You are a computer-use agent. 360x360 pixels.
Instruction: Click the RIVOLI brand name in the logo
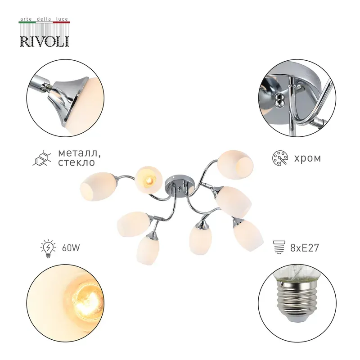pyautogui.click(x=44, y=41)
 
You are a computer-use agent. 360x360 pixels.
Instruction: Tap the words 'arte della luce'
pyautogui.click(x=44, y=19)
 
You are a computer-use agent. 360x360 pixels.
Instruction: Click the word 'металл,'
pyautogui.click(x=79, y=153)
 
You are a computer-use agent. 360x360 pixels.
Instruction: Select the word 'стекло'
pyautogui.click(x=76, y=162)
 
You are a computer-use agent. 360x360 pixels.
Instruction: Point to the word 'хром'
pyautogui.click(x=307, y=158)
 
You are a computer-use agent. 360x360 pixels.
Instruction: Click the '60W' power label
pyautogui.click(x=71, y=248)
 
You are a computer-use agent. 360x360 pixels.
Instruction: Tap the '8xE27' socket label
pyautogui.click(x=305, y=248)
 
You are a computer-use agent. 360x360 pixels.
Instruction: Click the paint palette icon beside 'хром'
pyautogui.click(x=280, y=158)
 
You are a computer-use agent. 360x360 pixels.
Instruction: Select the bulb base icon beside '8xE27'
pyautogui.click(x=279, y=247)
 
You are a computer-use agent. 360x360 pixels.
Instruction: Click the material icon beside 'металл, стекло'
pyautogui.click(x=41, y=158)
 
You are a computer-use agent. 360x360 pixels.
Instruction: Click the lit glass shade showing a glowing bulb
pyautogui.click(x=148, y=180)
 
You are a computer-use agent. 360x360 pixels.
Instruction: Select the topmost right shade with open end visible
pyautogui.click(x=235, y=164)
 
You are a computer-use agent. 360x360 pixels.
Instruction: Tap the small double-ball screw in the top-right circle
pyautogui.click(x=279, y=100)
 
